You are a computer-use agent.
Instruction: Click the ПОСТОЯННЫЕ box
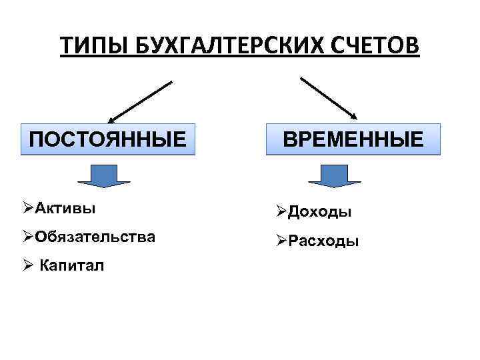click(x=108, y=139)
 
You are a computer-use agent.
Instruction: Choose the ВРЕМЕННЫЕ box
click(x=353, y=139)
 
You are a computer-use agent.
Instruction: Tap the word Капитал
click(x=72, y=267)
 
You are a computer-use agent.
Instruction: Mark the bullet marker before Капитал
click(x=27, y=267)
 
